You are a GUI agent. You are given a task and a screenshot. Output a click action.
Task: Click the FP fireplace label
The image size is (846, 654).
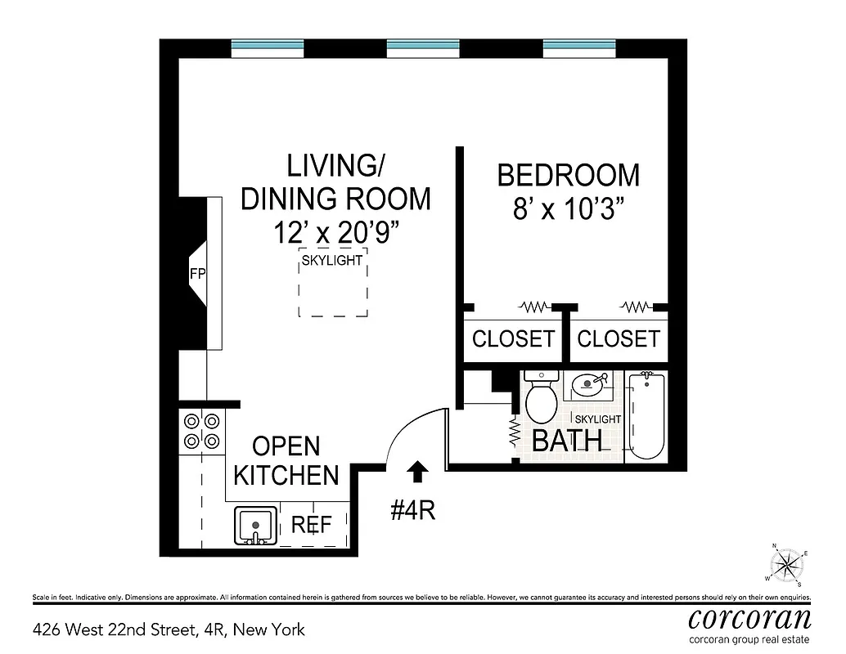(x=197, y=275)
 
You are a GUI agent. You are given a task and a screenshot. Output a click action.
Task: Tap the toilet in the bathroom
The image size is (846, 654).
(x=541, y=396)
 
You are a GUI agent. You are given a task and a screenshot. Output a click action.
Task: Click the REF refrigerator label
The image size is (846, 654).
(x=312, y=525)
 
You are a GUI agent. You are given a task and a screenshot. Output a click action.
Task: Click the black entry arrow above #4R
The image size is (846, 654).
(x=417, y=471)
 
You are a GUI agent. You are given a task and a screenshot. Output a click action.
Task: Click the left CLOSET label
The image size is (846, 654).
(x=514, y=338)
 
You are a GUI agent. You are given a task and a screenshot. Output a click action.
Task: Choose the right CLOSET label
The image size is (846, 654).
(x=619, y=338)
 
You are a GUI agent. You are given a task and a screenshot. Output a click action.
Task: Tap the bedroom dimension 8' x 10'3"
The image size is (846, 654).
(x=569, y=209)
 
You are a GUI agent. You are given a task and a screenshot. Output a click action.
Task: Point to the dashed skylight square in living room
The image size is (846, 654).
(x=333, y=283)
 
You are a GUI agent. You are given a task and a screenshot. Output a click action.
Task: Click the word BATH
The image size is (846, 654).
(x=567, y=441)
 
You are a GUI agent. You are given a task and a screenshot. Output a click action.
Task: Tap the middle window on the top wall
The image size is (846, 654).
(x=423, y=48)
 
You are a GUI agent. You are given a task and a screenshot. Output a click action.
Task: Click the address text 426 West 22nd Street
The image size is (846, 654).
(x=168, y=629)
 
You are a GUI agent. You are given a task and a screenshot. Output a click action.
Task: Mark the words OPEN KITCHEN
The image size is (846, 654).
(x=286, y=460)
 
